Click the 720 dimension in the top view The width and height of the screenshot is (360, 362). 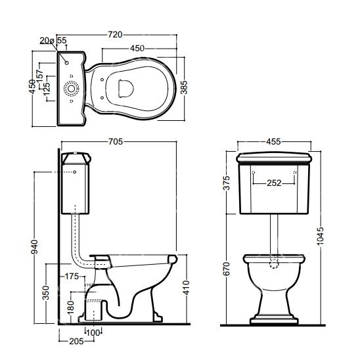[x=115, y=35]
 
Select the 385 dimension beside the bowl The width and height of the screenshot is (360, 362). [x=184, y=87]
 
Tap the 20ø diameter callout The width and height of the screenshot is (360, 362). [x=47, y=41]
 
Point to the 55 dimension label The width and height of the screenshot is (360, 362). [x=62, y=40]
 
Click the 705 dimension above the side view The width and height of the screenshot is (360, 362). [x=116, y=141]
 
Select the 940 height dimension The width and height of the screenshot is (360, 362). [x=34, y=246]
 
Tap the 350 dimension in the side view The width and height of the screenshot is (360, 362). [x=46, y=293]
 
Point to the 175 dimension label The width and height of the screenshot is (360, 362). [x=72, y=276]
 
